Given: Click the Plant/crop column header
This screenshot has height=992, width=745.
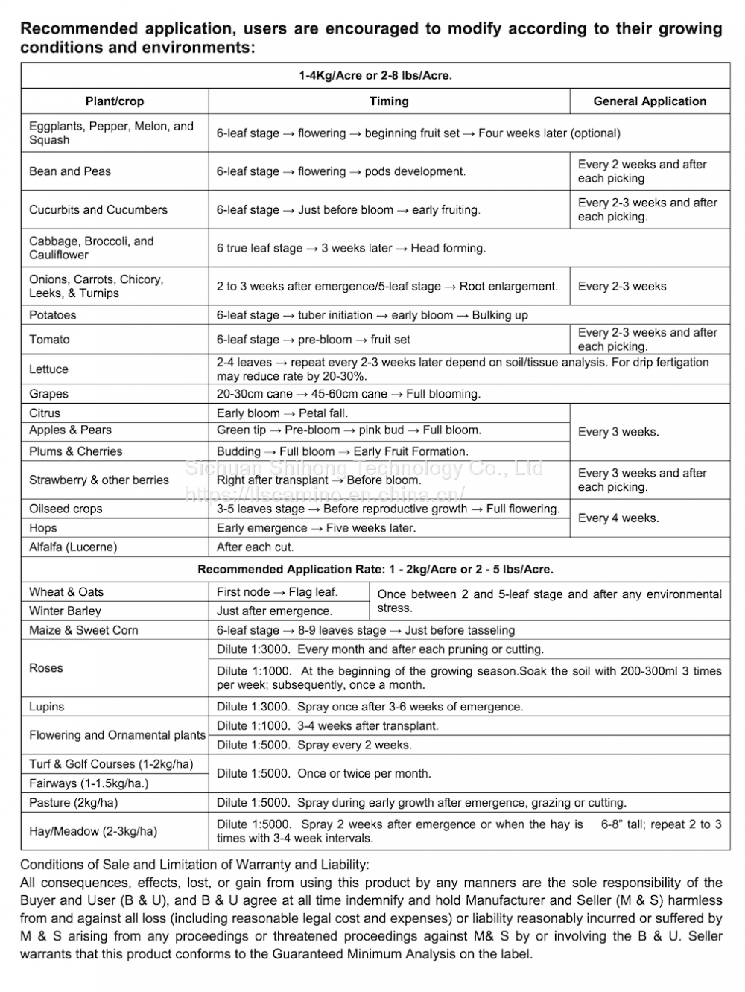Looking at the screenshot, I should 115,101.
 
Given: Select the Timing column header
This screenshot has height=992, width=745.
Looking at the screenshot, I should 389,101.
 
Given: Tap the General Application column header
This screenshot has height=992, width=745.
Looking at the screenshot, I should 650,101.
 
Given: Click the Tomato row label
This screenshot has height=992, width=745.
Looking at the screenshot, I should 50,340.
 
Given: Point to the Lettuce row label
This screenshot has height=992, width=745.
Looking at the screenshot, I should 48,369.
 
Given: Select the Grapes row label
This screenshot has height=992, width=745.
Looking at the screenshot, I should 48,394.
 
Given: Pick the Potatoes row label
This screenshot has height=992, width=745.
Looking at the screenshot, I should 53,315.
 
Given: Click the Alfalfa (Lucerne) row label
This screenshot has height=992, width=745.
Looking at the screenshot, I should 73,547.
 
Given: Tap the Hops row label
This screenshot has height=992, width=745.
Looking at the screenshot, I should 43,528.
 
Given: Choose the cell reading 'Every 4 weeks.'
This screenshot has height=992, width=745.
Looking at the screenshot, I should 618,518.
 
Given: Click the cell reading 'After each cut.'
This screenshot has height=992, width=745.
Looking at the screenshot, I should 256,547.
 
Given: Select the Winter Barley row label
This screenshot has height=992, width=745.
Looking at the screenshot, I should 65,611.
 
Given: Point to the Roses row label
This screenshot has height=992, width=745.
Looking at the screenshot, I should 46,668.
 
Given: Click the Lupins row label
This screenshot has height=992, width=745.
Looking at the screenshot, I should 47,707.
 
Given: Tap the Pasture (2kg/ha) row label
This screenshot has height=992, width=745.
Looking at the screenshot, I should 73,803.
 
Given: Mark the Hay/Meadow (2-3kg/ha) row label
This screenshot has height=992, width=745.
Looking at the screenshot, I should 93,831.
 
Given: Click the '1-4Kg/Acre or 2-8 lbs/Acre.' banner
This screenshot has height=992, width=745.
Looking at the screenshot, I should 375,75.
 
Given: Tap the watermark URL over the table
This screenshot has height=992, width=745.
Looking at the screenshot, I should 325,494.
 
